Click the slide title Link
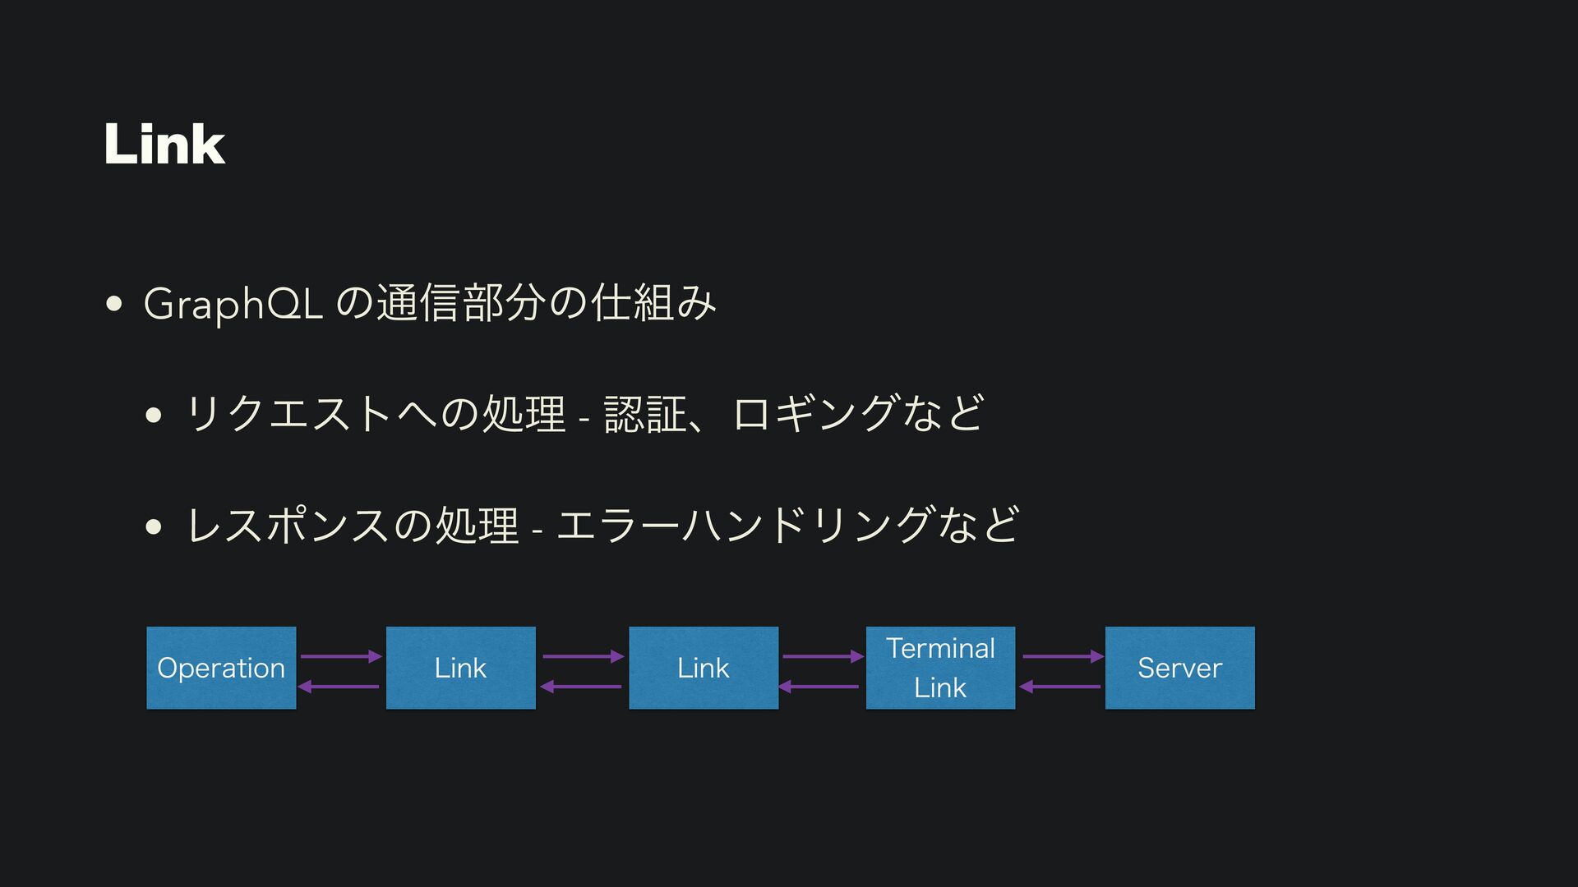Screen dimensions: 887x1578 pos(164,145)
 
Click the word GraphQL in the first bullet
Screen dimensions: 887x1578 pos(233,304)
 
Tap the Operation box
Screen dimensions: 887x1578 pos(221,668)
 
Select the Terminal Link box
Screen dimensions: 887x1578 pos(940,668)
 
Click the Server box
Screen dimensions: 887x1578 pos(1179,668)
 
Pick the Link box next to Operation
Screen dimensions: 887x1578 pos(460,668)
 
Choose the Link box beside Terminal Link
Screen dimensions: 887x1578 pos(704,668)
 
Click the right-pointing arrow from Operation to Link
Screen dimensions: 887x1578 pos(341,656)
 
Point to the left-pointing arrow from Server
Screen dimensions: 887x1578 pos(1060,687)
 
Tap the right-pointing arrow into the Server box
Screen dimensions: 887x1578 pos(1063,656)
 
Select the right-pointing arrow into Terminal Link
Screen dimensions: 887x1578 pos(823,656)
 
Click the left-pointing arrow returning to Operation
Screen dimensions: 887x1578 pos(339,687)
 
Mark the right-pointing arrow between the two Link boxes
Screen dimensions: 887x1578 pos(584,656)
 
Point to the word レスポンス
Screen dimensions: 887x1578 pos(288,525)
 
